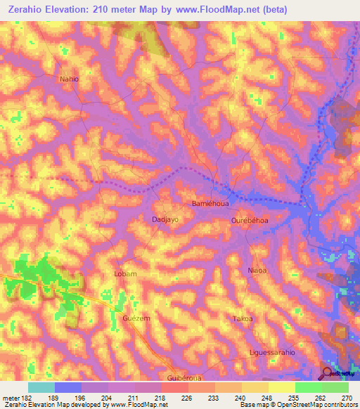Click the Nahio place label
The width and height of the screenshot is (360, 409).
coord(70,79)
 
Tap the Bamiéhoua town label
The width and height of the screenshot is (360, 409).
coord(209,203)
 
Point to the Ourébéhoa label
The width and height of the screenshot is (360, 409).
coord(250,221)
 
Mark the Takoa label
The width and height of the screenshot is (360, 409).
coord(243,319)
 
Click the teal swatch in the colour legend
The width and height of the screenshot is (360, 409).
coord(41,387)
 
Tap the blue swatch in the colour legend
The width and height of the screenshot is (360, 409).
coord(68,387)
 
